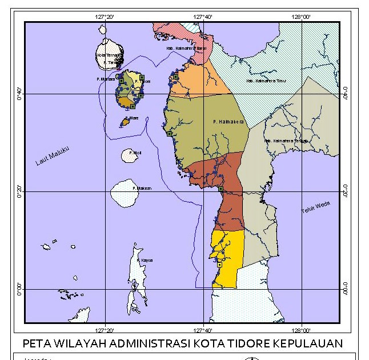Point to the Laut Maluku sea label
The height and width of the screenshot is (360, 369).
click(53, 155)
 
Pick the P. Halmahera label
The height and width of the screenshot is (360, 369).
click(228, 122)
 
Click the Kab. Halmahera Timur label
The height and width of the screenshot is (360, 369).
click(266, 81)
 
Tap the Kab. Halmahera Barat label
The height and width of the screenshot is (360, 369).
click(186, 49)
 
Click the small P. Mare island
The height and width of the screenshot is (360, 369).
click(125, 122)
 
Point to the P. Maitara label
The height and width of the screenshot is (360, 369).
click(107, 79)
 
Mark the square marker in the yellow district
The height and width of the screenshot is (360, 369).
click(219, 265)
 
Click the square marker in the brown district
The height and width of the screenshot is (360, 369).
click(220, 189)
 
